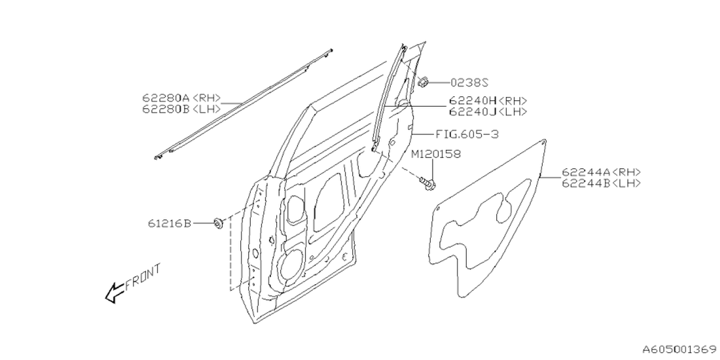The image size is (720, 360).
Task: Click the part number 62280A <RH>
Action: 181,98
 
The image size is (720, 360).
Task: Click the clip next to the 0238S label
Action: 424,82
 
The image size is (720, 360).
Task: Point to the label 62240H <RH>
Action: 488,101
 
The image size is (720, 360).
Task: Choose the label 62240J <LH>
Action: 488,111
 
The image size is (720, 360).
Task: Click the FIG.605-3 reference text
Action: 467,134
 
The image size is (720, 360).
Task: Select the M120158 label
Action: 435,154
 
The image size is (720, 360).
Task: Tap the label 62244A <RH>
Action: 601,173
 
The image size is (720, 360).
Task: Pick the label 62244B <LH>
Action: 601,183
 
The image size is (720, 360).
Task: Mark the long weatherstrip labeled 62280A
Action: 242,105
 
